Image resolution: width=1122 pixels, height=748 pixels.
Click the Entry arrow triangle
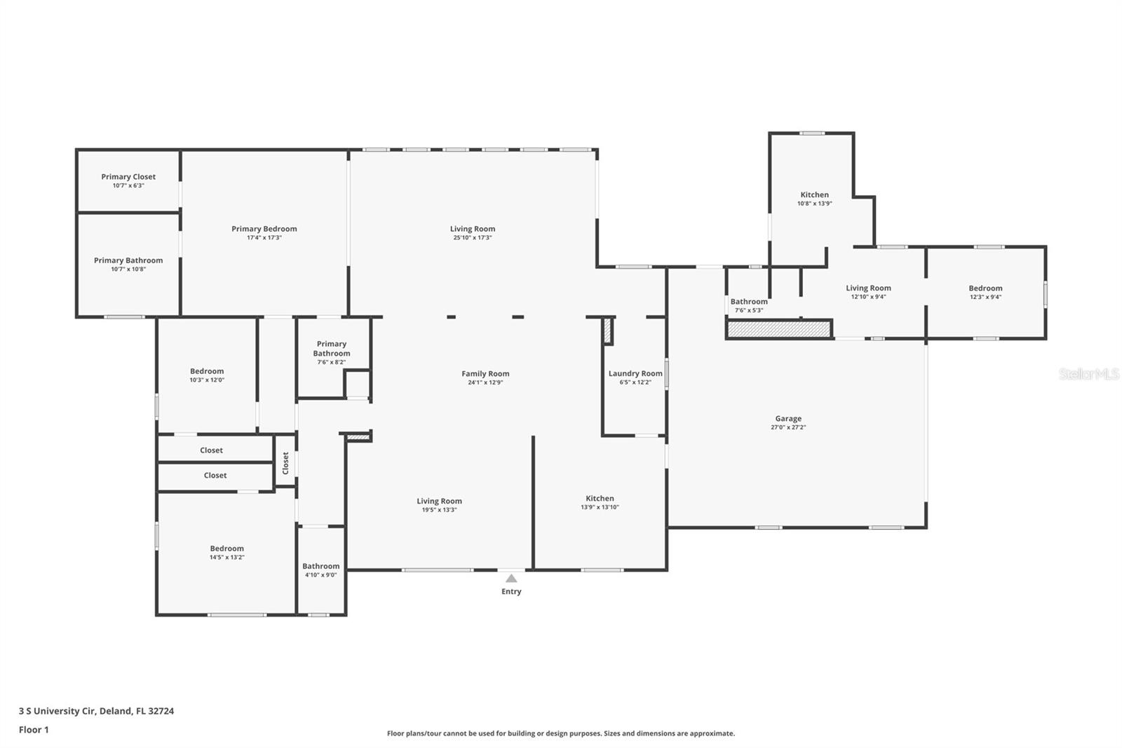point(511,579)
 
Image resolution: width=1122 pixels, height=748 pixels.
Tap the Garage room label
point(788,418)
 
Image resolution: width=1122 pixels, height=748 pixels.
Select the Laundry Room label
point(635,373)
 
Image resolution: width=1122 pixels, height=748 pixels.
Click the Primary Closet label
point(128,176)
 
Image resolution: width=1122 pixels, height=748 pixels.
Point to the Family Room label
point(485,373)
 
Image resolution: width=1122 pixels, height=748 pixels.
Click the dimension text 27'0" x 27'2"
point(788,427)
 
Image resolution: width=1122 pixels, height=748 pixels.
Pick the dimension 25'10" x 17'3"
point(473,238)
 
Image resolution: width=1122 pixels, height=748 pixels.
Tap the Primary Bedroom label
point(264,229)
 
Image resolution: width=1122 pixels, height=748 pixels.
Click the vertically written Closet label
point(285,462)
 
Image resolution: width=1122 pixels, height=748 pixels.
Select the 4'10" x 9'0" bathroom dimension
point(321,575)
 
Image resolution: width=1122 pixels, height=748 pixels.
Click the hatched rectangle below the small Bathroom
point(778,329)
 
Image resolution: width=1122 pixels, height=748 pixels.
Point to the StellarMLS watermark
point(1088,373)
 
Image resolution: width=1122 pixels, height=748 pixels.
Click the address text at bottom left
point(97,711)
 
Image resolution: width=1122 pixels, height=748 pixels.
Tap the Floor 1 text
point(34,730)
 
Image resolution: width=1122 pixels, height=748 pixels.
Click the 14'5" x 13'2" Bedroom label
point(227,549)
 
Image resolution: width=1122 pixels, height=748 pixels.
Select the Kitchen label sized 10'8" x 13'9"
point(814,194)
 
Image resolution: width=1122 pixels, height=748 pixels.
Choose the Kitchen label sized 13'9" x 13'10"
point(600,498)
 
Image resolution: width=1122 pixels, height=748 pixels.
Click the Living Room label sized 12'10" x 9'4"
point(869,288)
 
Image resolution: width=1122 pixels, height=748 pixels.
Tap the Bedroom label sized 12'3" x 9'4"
point(985,288)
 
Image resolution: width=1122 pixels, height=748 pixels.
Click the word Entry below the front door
point(511,592)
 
